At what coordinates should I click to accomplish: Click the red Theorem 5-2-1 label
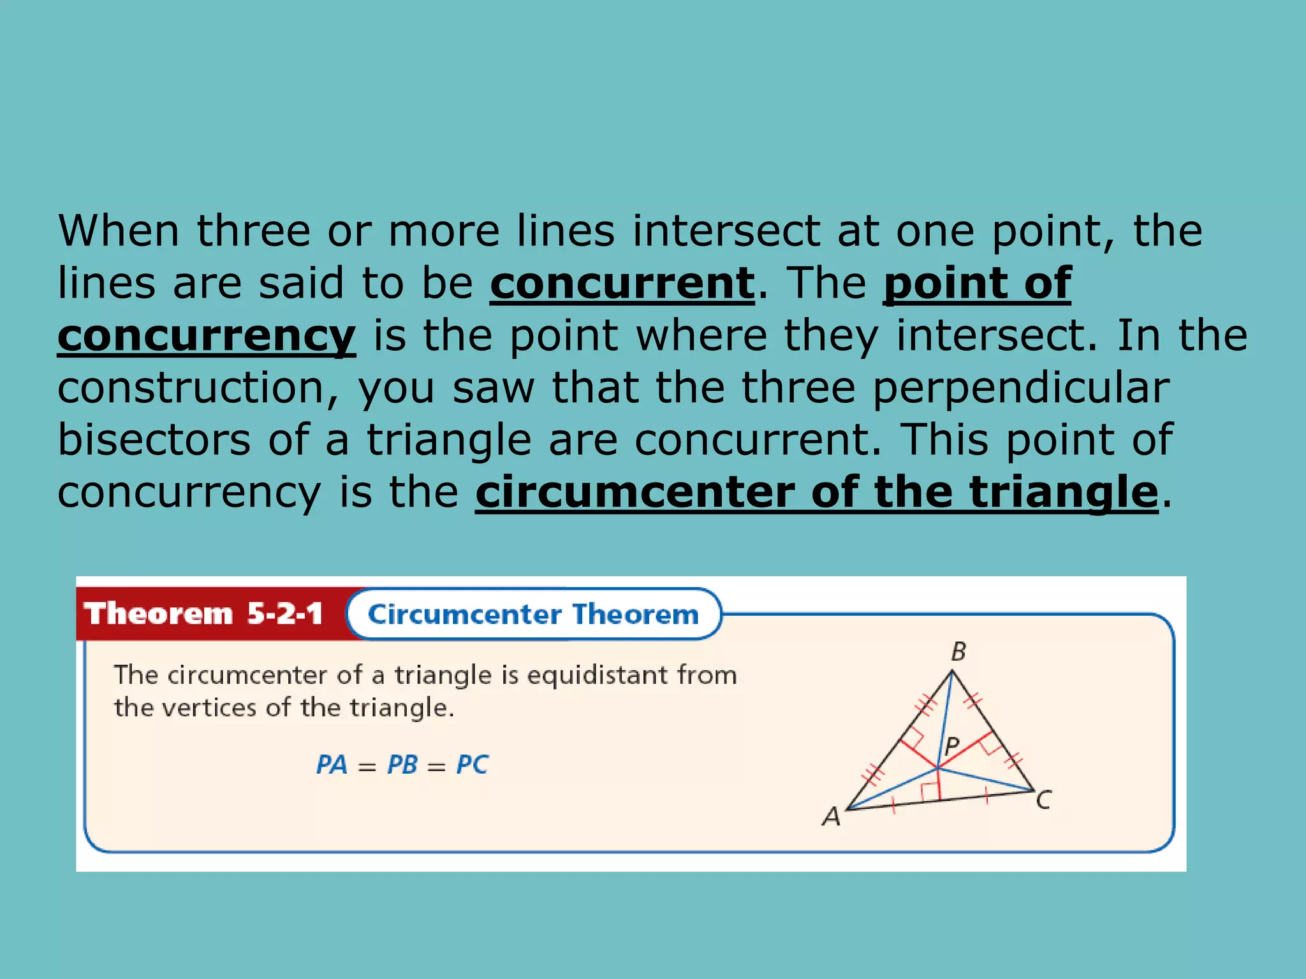point(204,614)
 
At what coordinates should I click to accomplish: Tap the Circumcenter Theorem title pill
point(533,614)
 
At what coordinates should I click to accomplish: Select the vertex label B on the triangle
point(958,652)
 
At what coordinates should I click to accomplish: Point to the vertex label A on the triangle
point(831,816)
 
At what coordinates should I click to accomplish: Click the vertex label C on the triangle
point(1043,800)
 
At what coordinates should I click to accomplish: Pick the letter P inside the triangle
point(951,746)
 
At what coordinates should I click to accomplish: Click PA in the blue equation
point(332,765)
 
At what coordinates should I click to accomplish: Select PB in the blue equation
point(402,765)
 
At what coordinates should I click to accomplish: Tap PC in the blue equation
point(472,765)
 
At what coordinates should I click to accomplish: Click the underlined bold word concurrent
point(622,283)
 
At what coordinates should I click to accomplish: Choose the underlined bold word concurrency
point(206,336)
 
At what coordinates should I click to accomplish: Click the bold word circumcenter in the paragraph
point(635,492)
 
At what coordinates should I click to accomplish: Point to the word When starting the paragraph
point(119,231)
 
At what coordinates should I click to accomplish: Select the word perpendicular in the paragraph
point(1020,388)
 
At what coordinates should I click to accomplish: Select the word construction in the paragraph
point(191,388)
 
